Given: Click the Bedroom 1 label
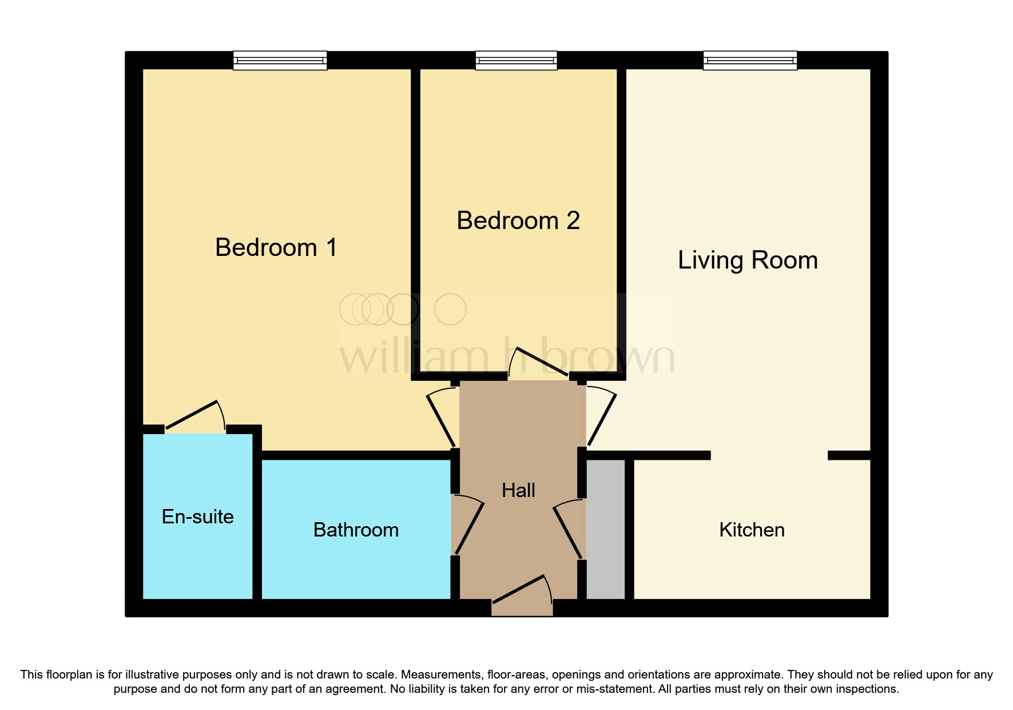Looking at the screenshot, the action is tap(276, 247).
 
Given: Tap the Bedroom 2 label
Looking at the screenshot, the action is tap(518, 220).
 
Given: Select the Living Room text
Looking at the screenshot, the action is tap(748, 261).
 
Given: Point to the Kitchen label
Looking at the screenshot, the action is tap(752, 530).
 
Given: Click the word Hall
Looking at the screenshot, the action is tap(518, 490).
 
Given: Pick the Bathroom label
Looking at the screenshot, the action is tap(356, 530).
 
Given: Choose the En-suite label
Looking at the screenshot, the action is tap(198, 516).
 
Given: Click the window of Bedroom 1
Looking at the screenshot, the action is tap(280, 60).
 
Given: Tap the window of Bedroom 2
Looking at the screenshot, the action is tap(517, 60).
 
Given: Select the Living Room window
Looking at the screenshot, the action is tap(750, 60).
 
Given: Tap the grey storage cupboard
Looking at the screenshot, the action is tap(606, 529).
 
